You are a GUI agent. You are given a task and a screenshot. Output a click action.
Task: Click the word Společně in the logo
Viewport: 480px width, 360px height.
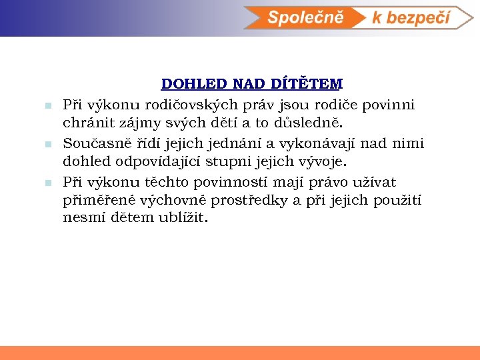[305, 17]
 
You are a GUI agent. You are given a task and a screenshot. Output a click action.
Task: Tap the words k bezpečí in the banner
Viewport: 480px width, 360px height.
[411, 18]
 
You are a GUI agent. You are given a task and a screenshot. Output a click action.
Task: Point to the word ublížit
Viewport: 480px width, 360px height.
[183, 219]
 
